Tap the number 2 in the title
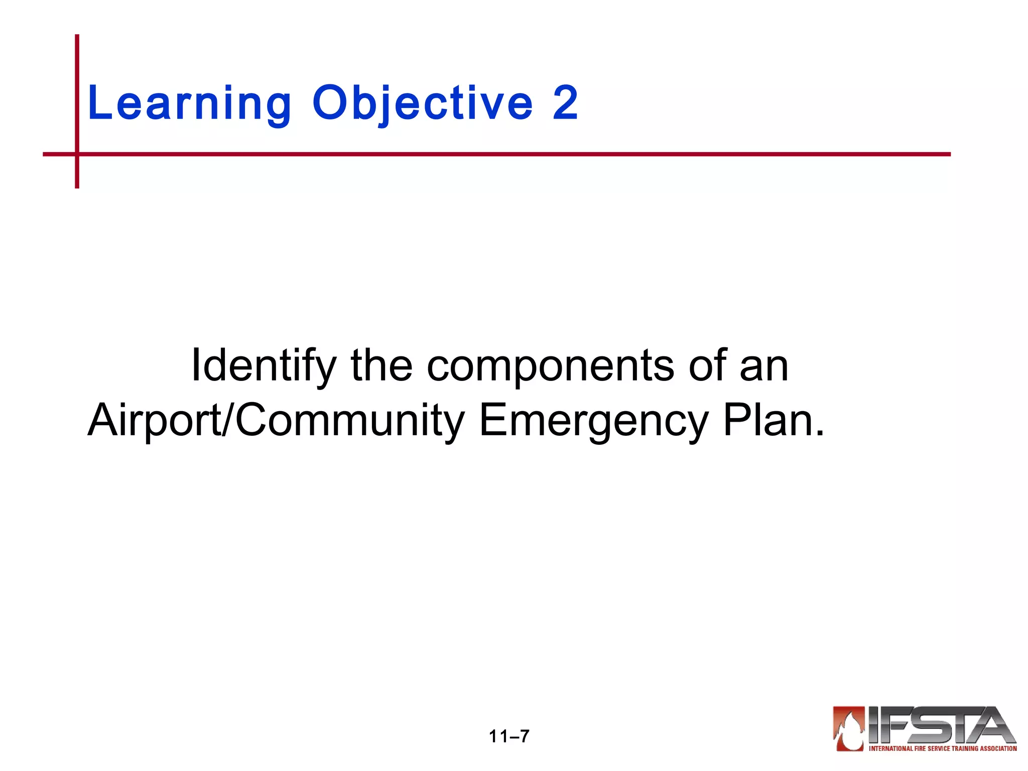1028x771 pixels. tap(565, 103)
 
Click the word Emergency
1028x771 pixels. tap(593, 421)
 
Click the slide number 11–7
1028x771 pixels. tap(509, 736)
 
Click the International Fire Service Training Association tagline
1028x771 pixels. tap(943, 748)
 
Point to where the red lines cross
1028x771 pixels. tap(77, 154)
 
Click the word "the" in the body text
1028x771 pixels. tap(381, 365)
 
